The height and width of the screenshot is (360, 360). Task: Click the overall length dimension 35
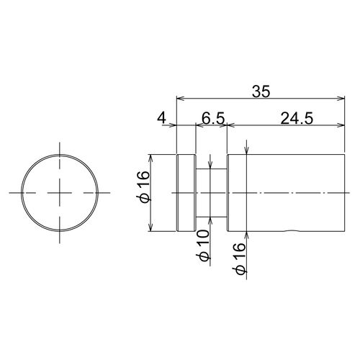261,91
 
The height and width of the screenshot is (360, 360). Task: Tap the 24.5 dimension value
297,119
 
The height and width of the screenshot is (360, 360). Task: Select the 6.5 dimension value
213,119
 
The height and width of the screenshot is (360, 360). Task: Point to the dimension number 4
161,119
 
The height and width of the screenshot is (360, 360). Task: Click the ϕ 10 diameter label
203,245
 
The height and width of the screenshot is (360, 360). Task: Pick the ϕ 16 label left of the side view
143,187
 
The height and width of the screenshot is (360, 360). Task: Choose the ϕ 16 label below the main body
239,258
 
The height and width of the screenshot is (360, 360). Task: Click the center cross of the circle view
60,193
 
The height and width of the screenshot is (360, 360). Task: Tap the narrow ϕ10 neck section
211,193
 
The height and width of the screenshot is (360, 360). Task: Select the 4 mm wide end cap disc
186,193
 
